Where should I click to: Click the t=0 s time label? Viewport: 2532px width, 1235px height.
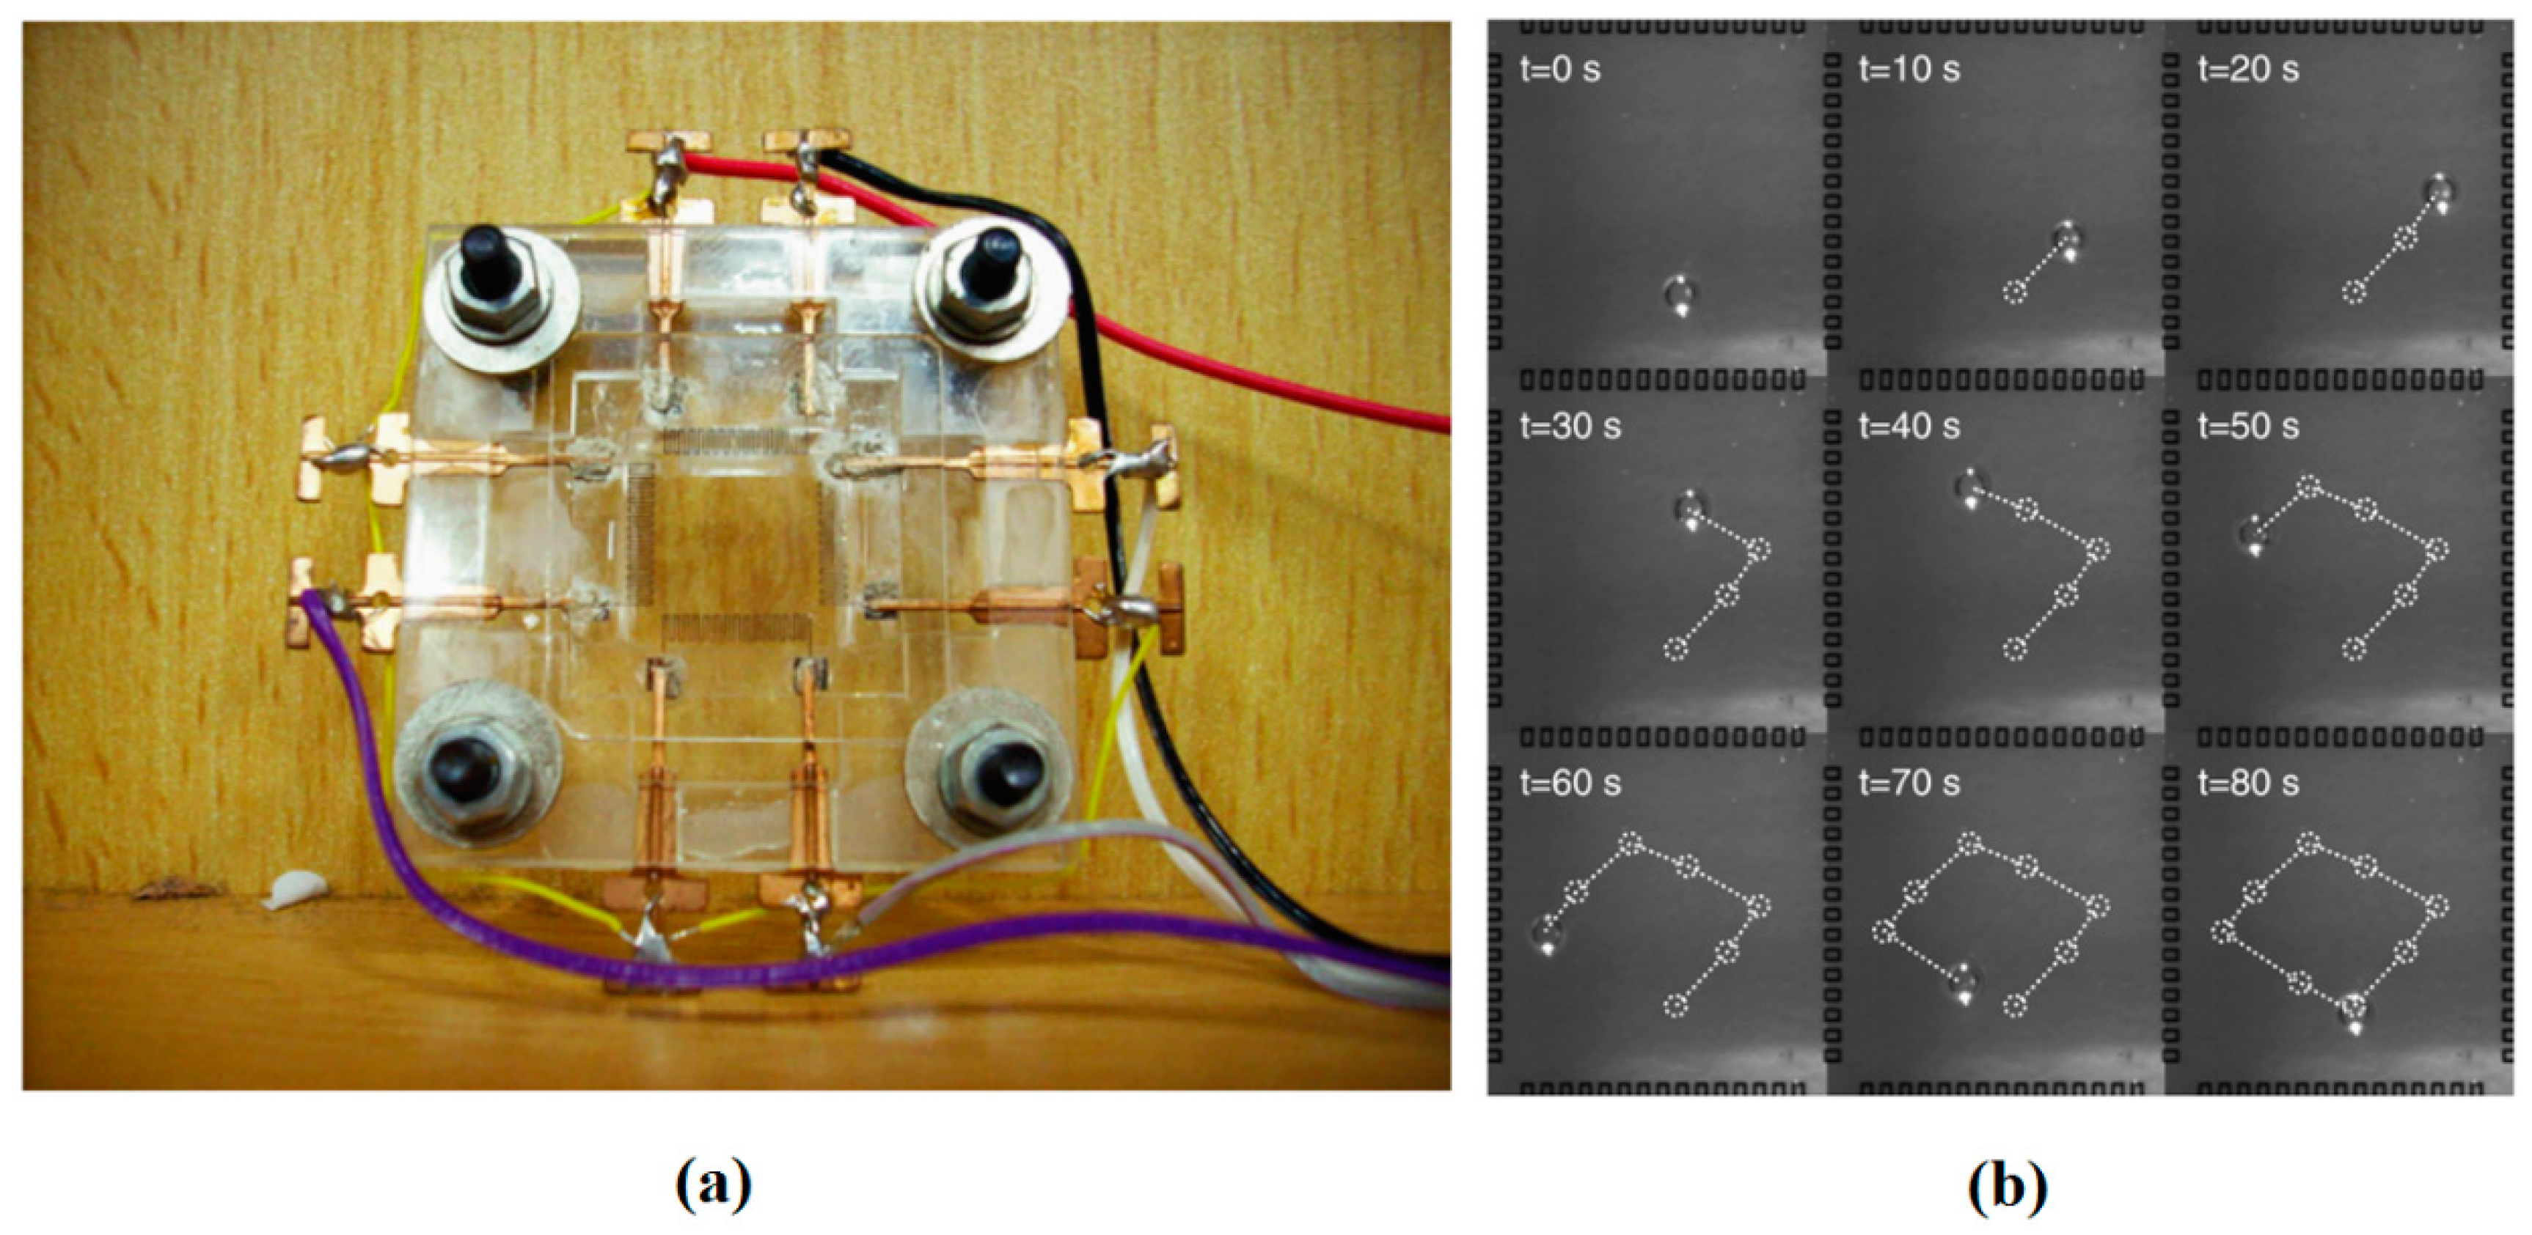coord(1560,70)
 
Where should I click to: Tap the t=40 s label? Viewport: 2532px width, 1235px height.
coord(1909,427)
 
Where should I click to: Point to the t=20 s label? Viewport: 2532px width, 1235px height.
coord(2248,70)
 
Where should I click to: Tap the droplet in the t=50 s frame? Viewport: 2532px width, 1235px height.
coord(2252,536)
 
